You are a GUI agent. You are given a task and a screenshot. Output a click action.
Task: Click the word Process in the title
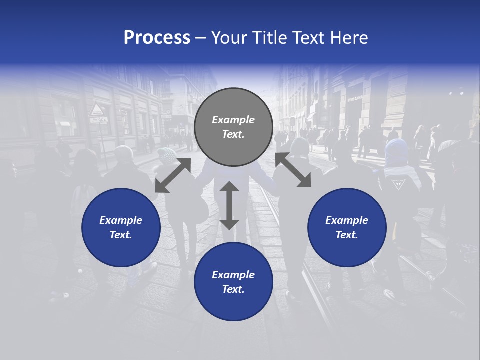click(x=157, y=38)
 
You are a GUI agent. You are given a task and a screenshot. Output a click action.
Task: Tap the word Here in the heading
click(x=348, y=38)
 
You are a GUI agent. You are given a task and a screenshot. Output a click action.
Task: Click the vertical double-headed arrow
click(x=229, y=206)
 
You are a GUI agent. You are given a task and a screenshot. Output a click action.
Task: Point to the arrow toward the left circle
click(x=173, y=175)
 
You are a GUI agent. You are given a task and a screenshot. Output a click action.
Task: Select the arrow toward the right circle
click(x=292, y=170)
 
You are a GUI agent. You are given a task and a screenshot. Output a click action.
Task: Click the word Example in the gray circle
click(x=233, y=120)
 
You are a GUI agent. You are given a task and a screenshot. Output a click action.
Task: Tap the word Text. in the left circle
click(x=121, y=235)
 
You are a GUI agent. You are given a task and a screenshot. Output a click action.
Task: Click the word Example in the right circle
click(x=347, y=220)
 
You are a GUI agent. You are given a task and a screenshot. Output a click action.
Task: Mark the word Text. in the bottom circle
click(x=233, y=289)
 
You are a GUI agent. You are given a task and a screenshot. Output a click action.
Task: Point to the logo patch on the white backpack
click(x=398, y=184)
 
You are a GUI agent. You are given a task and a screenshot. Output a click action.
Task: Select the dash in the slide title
click(x=201, y=38)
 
